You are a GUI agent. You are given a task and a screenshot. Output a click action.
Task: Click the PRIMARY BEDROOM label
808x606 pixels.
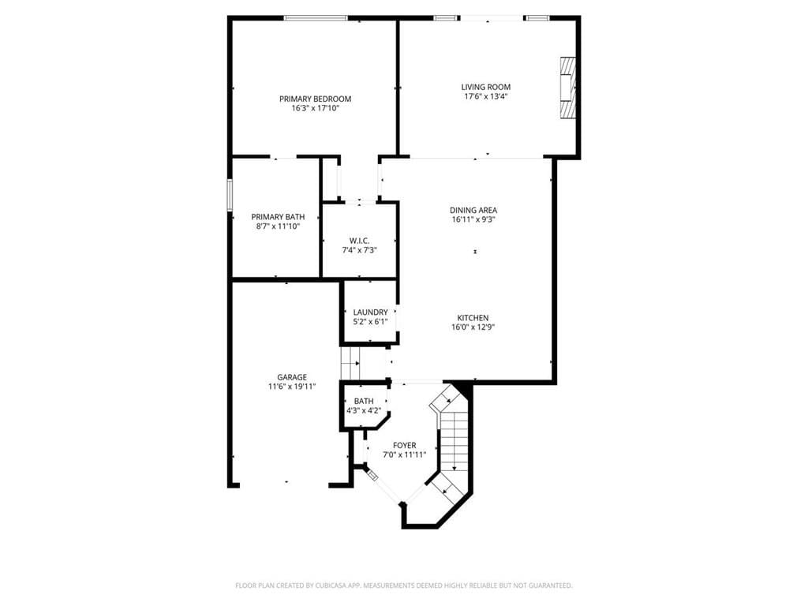(x=315, y=99)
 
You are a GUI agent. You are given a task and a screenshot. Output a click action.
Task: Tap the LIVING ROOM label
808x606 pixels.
(x=485, y=87)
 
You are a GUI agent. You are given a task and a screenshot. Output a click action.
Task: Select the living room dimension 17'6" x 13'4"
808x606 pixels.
(x=485, y=97)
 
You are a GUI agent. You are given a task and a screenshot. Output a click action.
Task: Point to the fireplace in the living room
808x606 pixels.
(x=567, y=87)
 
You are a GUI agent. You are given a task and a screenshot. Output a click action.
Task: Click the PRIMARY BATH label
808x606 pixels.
(x=278, y=216)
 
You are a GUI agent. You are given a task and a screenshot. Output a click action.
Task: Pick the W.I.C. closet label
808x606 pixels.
(x=359, y=240)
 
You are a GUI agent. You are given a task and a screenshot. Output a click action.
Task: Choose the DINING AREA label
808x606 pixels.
(x=473, y=210)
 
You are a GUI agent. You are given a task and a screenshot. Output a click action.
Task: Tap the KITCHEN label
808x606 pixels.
(x=473, y=317)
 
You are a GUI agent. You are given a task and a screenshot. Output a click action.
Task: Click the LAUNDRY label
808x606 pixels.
(x=370, y=312)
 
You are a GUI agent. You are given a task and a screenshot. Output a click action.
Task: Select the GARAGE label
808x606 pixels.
(x=292, y=377)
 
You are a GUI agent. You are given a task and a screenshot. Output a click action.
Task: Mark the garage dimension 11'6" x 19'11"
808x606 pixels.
(x=292, y=387)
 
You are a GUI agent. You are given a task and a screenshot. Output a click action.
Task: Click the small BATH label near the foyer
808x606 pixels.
(x=364, y=401)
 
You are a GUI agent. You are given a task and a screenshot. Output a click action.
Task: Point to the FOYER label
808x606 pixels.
(x=404, y=445)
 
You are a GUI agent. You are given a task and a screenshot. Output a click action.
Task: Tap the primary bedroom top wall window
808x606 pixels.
(x=316, y=18)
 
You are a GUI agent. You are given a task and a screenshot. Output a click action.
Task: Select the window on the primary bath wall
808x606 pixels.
(x=230, y=196)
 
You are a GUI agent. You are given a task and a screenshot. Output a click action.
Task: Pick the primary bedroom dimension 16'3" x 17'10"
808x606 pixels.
(x=315, y=108)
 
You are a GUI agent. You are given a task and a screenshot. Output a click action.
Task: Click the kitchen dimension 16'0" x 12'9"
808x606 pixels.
(x=473, y=327)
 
